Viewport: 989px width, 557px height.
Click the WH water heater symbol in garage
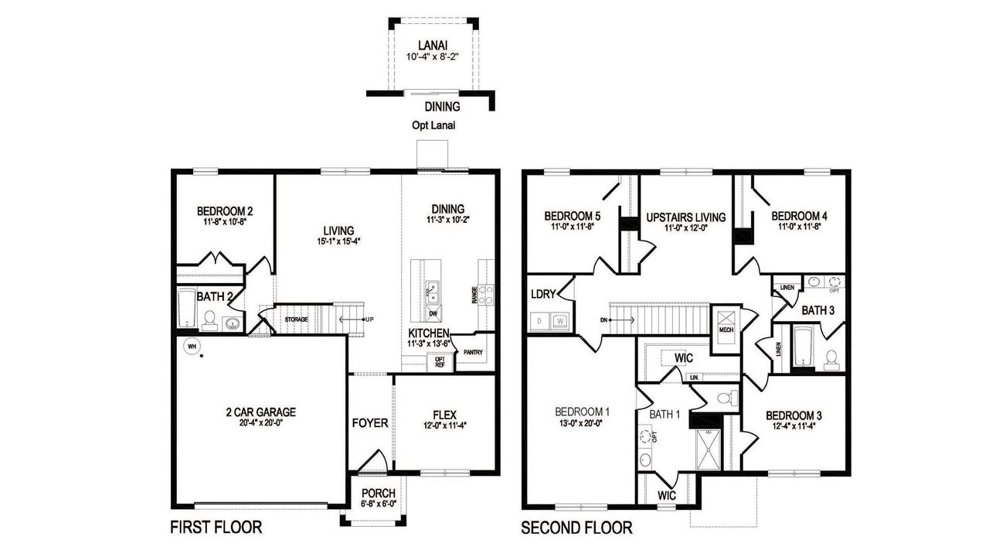(x=189, y=346)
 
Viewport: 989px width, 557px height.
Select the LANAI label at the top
(x=433, y=45)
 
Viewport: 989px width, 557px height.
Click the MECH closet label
(x=726, y=330)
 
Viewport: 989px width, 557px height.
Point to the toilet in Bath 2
(x=209, y=319)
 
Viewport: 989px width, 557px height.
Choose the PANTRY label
(x=472, y=353)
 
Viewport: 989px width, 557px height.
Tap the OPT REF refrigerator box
(x=440, y=362)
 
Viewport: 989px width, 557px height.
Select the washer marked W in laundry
(x=559, y=319)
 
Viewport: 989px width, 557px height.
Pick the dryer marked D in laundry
(x=539, y=319)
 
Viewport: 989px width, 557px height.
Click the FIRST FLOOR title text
(x=216, y=528)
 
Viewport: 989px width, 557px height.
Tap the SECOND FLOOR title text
(x=576, y=528)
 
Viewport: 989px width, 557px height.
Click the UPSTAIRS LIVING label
(x=685, y=217)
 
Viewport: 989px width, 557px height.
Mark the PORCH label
(x=378, y=494)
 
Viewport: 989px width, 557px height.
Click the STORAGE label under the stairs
(x=297, y=319)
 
